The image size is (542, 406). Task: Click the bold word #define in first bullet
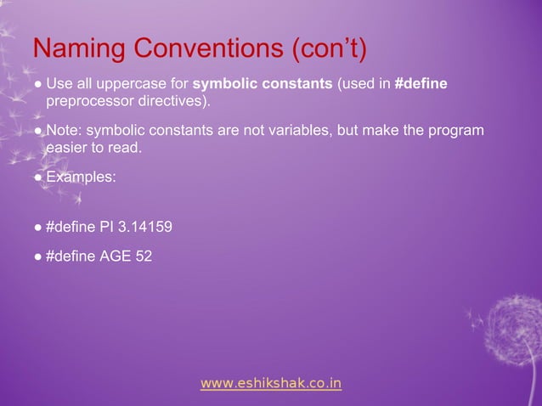tap(421, 85)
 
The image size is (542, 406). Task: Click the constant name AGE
tap(116, 256)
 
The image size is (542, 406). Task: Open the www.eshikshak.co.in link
tap(271, 384)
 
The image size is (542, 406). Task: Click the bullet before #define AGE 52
tap(38, 257)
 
